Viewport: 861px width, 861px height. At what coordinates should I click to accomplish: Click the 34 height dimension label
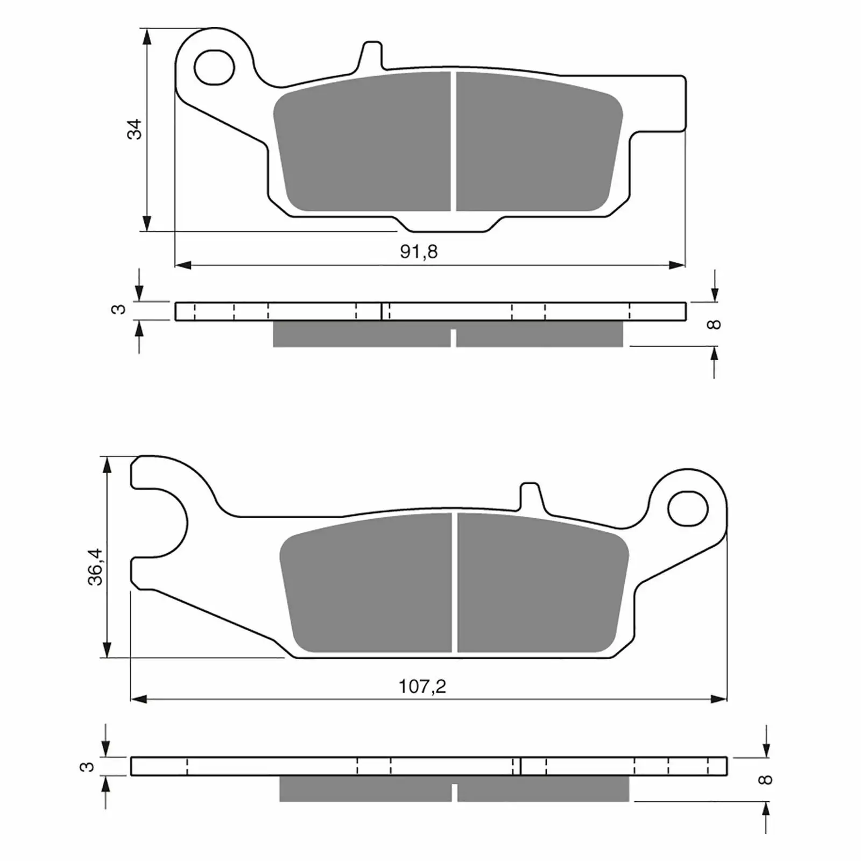coord(135,129)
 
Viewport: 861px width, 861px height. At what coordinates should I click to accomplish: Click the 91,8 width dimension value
coord(419,251)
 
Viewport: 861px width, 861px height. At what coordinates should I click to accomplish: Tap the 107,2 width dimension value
coord(422,687)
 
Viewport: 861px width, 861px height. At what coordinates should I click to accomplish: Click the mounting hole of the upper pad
coord(215,67)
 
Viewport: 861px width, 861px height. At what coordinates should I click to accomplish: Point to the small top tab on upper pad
coord(372,54)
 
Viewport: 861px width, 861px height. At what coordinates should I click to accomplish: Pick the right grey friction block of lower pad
coord(541,584)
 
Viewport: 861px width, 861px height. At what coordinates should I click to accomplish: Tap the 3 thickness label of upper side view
coord(120,309)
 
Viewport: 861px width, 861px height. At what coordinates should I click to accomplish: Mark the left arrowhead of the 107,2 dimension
coord(139,700)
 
